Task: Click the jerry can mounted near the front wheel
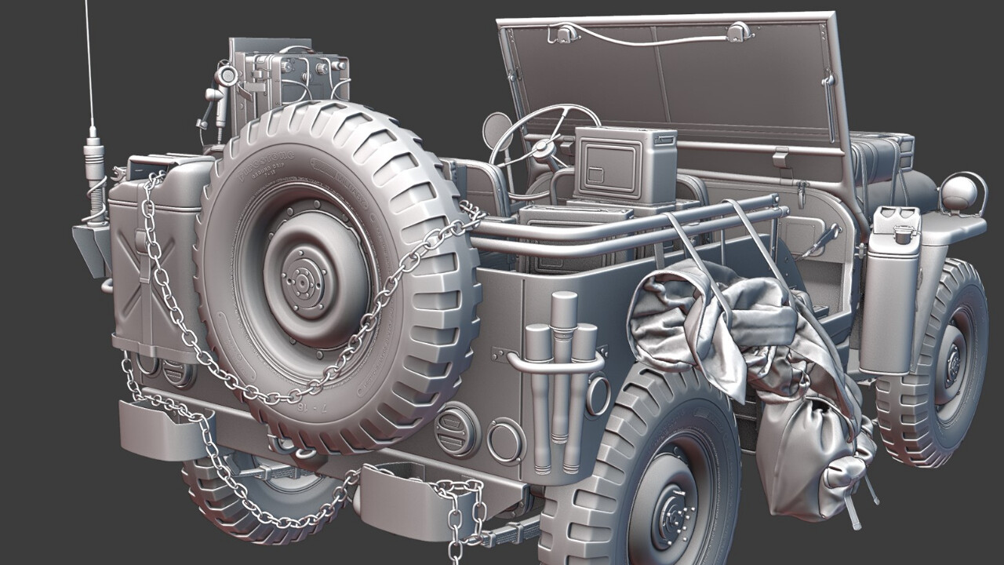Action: click(890, 290)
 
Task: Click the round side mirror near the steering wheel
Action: click(497, 130)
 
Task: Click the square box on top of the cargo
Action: click(625, 165)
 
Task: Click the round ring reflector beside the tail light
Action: click(506, 440)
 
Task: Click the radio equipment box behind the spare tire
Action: click(286, 75)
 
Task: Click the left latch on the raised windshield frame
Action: click(564, 33)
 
